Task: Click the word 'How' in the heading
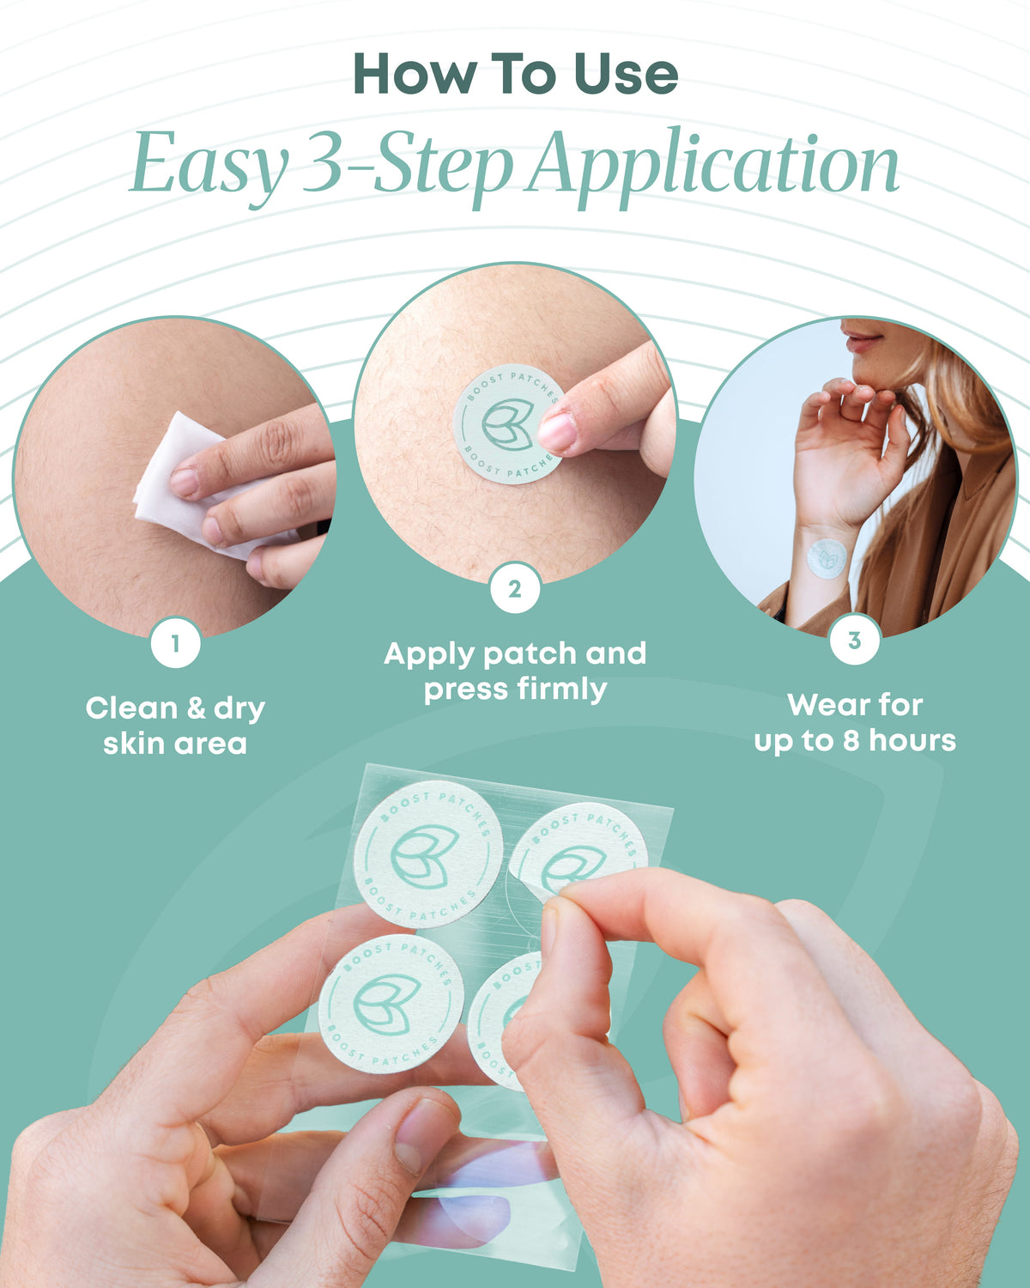tap(413, 74)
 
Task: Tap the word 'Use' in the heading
tap(626, 74)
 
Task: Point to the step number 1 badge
tap(175, 643)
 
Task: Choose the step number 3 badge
tap(855, 640)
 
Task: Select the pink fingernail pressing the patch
tap(556, 432)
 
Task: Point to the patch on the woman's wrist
tap(827, 559)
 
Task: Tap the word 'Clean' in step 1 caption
tap(131, 708)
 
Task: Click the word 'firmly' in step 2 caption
tap(562, 690)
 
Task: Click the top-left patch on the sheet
tap(428, 854)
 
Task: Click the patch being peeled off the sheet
tap(579, 851)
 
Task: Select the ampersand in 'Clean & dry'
tap(197, 708)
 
